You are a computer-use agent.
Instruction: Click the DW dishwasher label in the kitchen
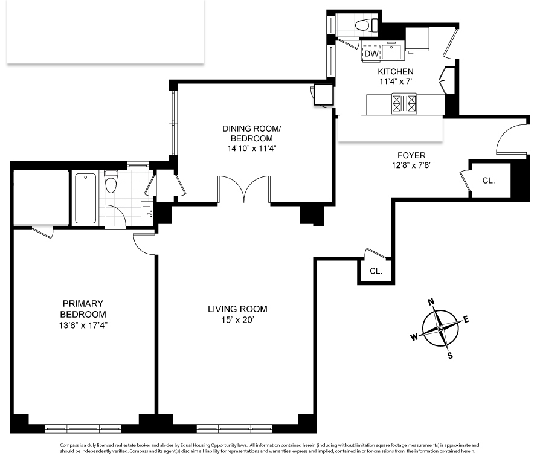pos(371,54)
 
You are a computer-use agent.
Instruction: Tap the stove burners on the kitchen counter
pos(404,103)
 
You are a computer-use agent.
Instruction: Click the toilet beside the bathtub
pos(111,181)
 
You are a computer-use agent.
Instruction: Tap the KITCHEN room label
pos(396,71)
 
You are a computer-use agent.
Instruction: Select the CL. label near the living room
pos(376,271)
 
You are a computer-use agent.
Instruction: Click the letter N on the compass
pos(431,302)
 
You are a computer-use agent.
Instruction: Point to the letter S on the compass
pos(450,355)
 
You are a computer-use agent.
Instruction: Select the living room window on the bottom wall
pos(235,428)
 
